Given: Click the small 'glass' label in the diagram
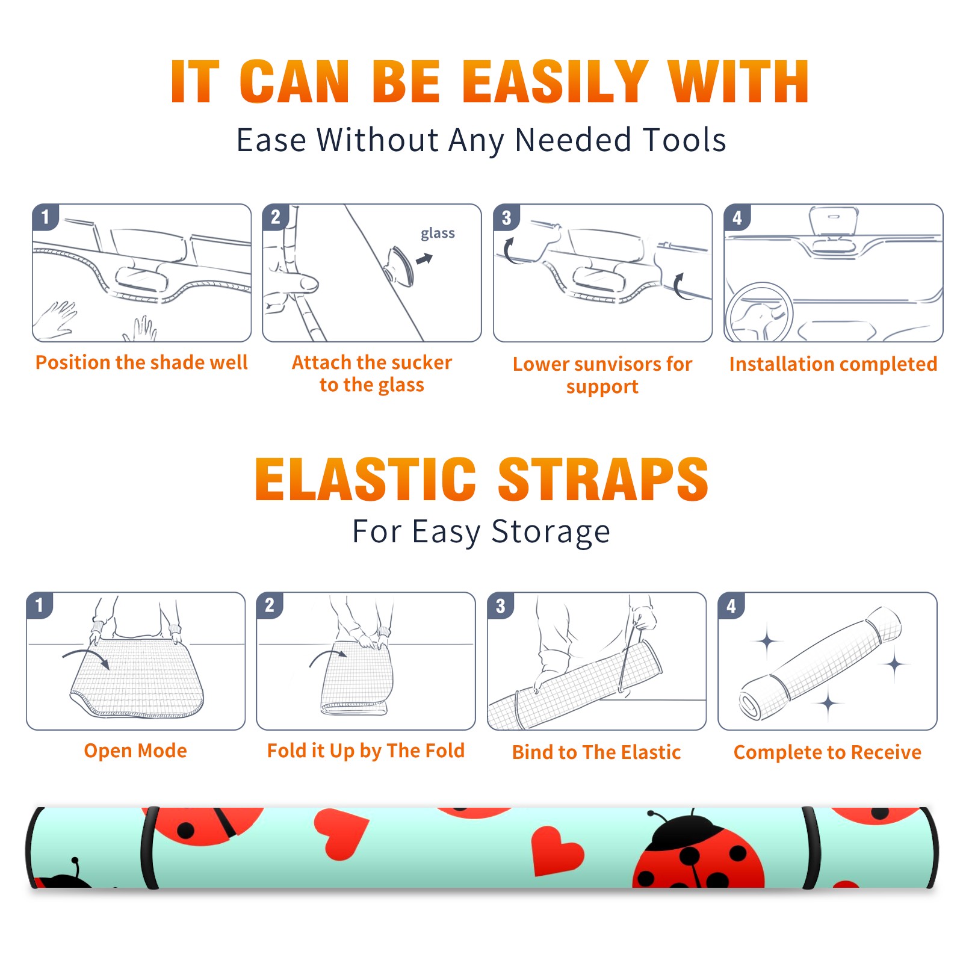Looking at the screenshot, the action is pos(438,234).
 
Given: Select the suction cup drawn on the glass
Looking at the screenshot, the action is pos(400,265).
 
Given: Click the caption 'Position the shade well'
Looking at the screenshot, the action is pos(141,362).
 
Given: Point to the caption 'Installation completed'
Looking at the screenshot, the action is pos(833,364).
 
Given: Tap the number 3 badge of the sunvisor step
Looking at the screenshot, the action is pos(506,217).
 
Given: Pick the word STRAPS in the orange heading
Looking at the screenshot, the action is pos(603,479).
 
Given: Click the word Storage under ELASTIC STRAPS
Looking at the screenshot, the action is pos(551,532).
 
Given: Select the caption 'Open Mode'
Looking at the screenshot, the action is pos(135,751).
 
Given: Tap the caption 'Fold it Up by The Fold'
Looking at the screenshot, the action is pos(366,751).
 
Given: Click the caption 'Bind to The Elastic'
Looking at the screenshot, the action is pos(596,752).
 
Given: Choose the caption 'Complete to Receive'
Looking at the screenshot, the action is pos(828,752).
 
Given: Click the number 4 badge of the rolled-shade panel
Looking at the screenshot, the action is pos(731,605).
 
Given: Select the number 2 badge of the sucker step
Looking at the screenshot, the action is pos(275,217).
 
